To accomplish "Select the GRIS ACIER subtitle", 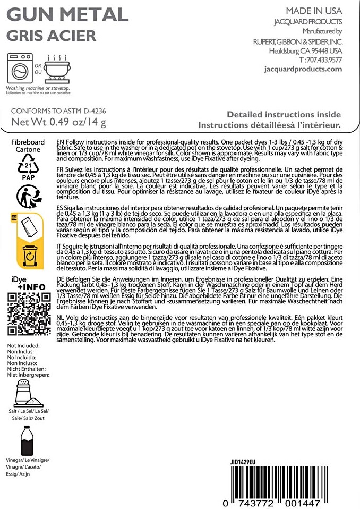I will [51, 36].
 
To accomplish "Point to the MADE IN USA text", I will [314, 11].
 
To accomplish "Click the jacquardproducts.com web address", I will [303, 70].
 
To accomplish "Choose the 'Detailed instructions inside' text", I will [284, 114].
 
